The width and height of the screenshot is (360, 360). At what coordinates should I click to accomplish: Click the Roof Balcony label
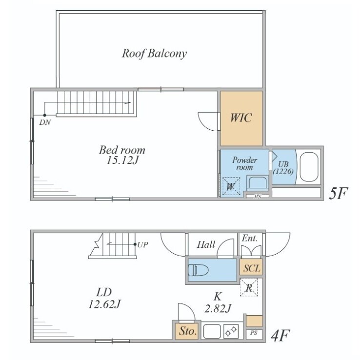pyautogui.click(x=154, y=54)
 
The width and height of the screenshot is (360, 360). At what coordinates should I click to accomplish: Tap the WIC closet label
pyautogui.click(x=241, y=118)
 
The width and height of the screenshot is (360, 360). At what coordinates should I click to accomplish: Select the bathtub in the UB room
pyautogui.click(x=309, y=167)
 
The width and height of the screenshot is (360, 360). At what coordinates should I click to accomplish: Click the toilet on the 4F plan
pyautogui.click(x=198, y=270)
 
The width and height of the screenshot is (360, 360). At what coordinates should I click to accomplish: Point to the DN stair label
pyautogui.click(x=45, y=122)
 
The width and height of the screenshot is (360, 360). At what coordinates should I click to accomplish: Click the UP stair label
pyautogui.click(x=142, y=245)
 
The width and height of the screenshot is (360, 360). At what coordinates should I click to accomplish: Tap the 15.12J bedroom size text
pyautogui.click(x=122, y=160)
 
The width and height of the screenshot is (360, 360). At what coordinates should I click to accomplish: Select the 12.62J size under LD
pyautogui.click(x=104, y=304)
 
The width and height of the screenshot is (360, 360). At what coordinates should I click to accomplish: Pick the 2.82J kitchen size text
pyautogui.click(x=218, y=308)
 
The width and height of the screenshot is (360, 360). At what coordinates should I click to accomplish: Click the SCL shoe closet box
pyautogui.click(x=251, y=267)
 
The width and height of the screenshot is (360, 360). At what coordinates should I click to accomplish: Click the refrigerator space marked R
pyautogui.click(x=249, y=287)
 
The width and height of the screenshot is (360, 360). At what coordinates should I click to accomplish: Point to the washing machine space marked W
pyautogui.click(x=231, y=186)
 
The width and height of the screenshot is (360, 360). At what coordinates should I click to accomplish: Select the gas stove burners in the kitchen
pyautogui.click(x=231, y=331)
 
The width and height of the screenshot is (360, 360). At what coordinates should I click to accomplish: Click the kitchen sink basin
pyautogui.click(x=212, y=331)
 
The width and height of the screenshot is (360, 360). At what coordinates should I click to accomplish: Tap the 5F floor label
pyautogui.click(x=339, y=193)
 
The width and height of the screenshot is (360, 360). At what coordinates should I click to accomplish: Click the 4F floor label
pyautogui.click(x=280, y=336)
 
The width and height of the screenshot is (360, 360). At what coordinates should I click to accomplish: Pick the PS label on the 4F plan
pyautogui.click(x=254, y=333)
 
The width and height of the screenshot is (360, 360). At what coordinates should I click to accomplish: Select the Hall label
pyautogui.click(x=206, y=244)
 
